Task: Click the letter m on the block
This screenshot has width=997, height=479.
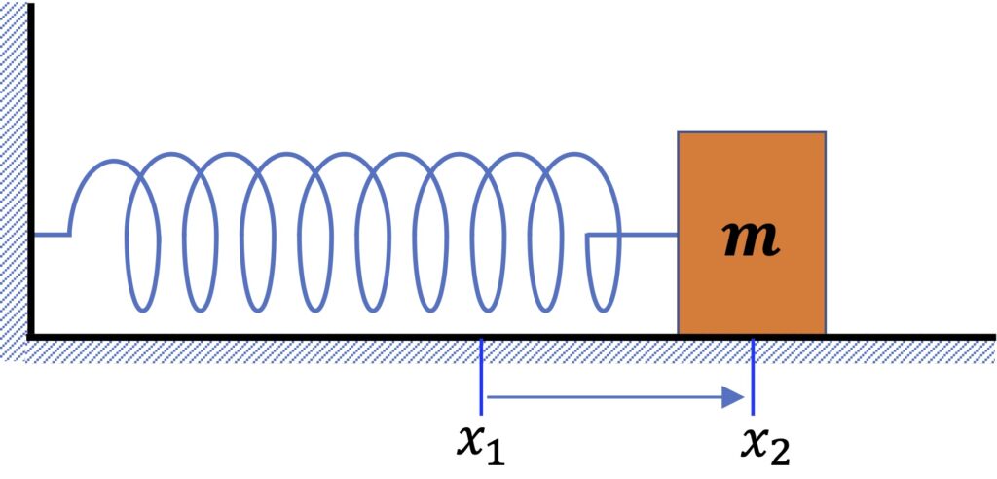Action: coord(752,240)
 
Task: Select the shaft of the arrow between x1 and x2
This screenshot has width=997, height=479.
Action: coord(604,396)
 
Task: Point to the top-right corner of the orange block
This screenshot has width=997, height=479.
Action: coord(825,132)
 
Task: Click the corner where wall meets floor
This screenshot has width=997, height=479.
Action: coord(31,336)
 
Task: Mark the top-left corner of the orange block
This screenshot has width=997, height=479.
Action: coord(680,132)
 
